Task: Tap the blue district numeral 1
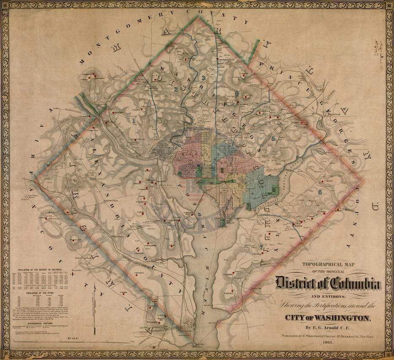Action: (134, 120)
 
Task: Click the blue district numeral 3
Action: (204, 78)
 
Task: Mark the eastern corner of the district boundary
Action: (363, 181)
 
